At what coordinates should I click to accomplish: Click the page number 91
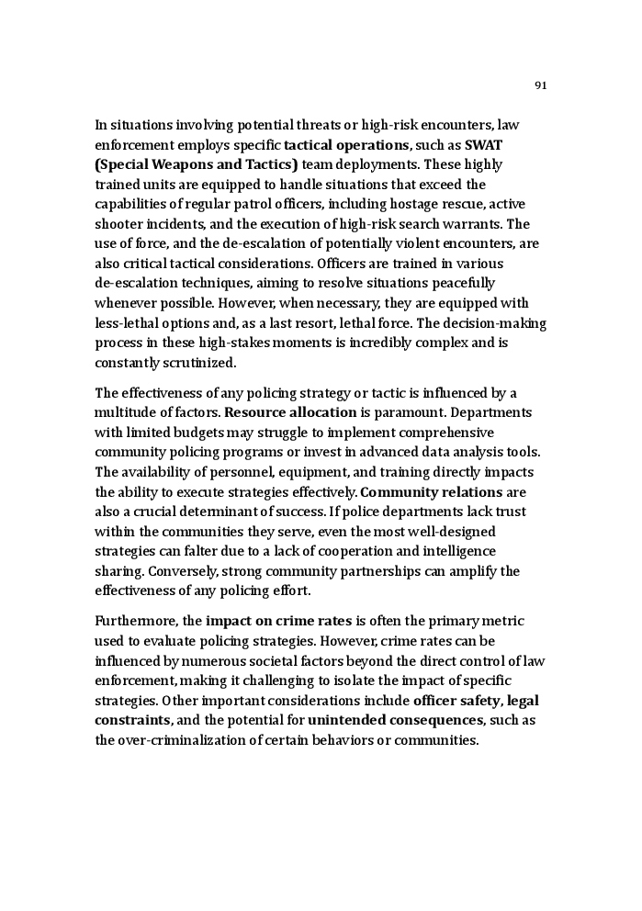[540, 85]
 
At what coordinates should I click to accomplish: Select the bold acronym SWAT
[483, 145]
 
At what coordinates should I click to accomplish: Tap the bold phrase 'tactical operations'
[346, 145]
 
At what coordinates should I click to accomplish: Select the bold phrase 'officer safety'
[450, 700]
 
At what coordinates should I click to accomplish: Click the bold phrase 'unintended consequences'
[396, 720]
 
